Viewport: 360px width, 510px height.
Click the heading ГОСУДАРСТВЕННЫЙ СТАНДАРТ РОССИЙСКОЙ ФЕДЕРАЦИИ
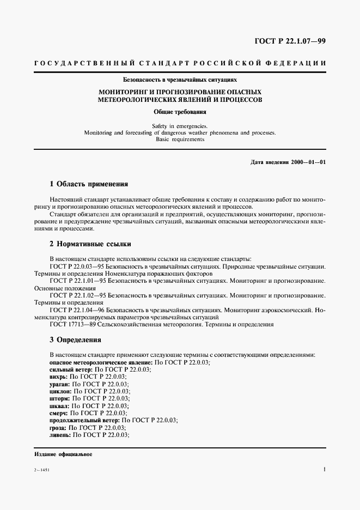pyautogui.click(x=180, y=64)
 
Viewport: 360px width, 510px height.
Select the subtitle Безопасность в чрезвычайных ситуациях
pyautogui.click(x=180, y=80)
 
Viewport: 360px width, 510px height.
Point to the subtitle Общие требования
pyautogui.click(x=180, y=113)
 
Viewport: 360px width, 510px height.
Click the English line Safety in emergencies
pyautogui.click(x=180, y=126)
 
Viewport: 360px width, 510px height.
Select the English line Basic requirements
pyautogui.click(x=180, y=139)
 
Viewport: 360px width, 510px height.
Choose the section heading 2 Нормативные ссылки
pyautogui.click(x=90, y=244)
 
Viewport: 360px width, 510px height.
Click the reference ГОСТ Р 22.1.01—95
pyautogui.click(x=77, y=281)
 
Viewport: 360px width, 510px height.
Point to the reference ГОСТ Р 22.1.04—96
pyautogui.click(x=77, y=309)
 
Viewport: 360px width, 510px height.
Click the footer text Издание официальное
pyautogui.click(x=63, y=454)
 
